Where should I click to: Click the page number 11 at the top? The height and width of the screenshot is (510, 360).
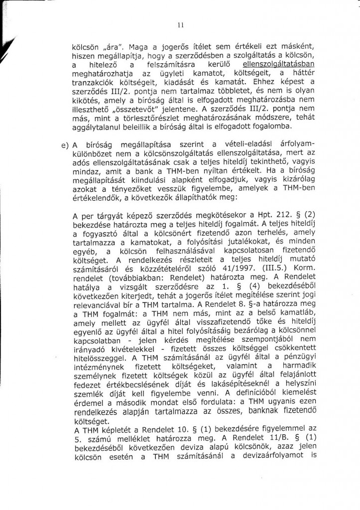(x=180, y=25)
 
